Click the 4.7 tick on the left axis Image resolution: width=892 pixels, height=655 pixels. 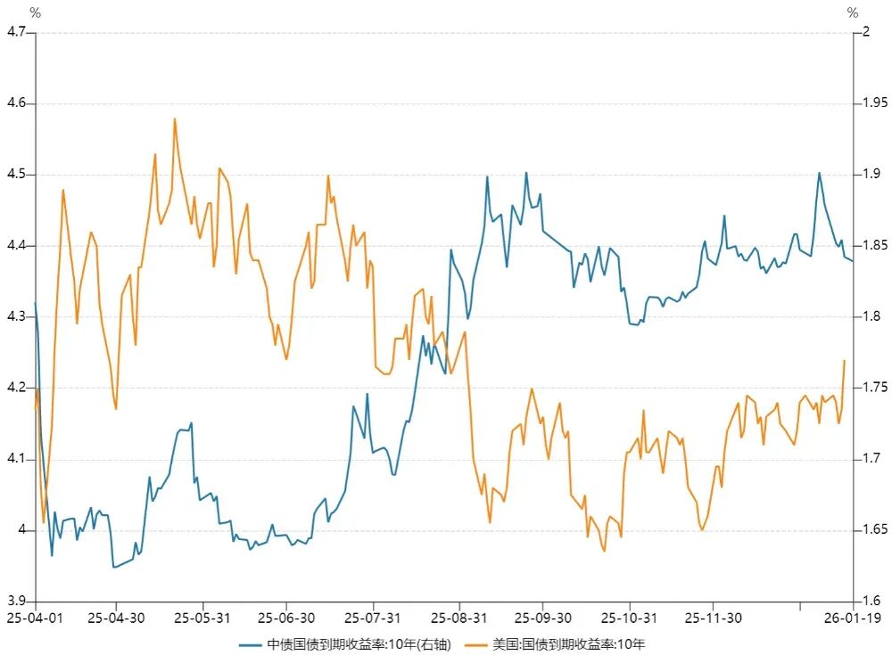(x=17, y=32)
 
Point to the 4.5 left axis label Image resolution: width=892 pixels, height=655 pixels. (x=17, y=175)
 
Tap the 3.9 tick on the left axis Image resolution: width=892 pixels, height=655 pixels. (x=17, y=602)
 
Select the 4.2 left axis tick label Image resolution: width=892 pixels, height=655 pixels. (x=17, y=389)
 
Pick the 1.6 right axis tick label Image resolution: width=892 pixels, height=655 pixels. (x=867, y=602)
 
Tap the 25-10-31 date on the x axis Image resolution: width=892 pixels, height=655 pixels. (x=630, y=617)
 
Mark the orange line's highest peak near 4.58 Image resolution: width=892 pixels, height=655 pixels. (x=175, y=119)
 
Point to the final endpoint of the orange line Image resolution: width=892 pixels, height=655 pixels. (x=844, y=360)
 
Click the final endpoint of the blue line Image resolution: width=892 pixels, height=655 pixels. (x=853, y=260)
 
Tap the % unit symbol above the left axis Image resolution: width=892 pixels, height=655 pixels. (x=35, y=12)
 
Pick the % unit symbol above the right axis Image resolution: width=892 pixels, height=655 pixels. (x=854, y=12)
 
